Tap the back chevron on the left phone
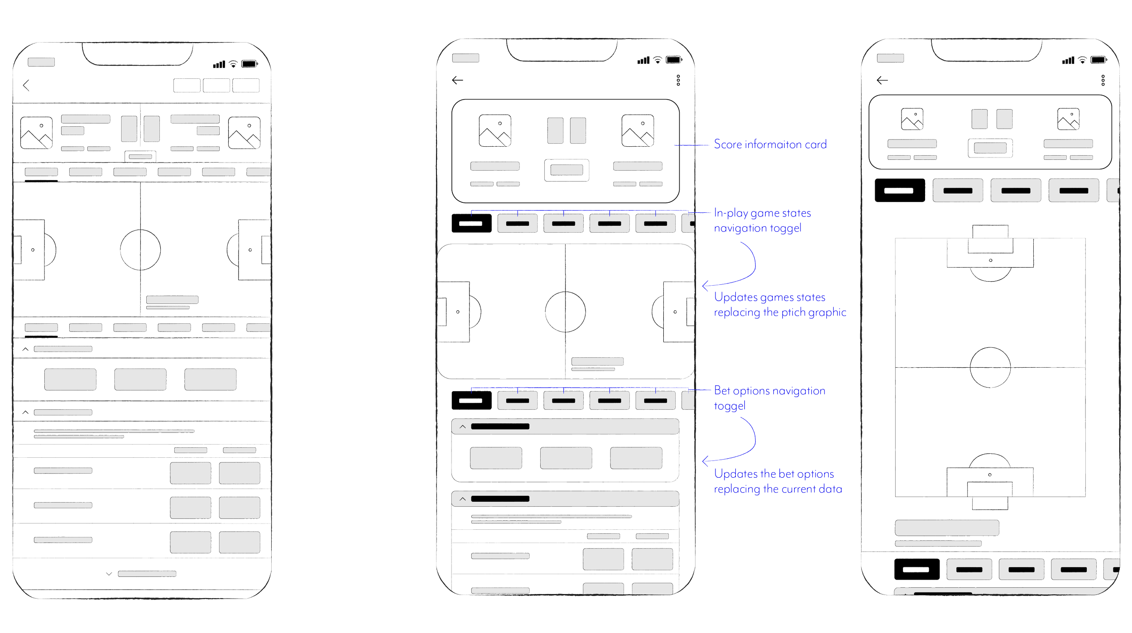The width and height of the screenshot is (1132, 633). pos(26,86)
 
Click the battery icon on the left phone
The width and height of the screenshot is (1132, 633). pos(249,64)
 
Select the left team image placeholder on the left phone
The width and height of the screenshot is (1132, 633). pos(36,133)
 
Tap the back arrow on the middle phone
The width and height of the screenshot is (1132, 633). pos(457,80)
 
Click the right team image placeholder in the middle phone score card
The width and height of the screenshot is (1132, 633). pos(638,130)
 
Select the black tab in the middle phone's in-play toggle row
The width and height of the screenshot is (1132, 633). pos(471,223)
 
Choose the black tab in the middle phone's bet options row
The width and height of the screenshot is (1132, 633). pos(471,400)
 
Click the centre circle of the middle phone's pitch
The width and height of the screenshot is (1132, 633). pos(565,312)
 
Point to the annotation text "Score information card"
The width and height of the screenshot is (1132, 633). pos(770,144)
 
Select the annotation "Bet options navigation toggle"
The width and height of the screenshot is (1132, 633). pos(769,398)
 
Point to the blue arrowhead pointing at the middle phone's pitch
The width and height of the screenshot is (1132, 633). pos(705,286)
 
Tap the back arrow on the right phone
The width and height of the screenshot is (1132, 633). pos(882,80)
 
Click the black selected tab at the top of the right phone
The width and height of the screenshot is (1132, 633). pos(899,190)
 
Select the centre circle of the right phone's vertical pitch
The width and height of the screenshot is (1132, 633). pos(990,367)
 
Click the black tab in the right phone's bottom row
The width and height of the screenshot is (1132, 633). pos(916,569)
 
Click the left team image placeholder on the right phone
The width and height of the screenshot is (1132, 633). pos(912,119)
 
